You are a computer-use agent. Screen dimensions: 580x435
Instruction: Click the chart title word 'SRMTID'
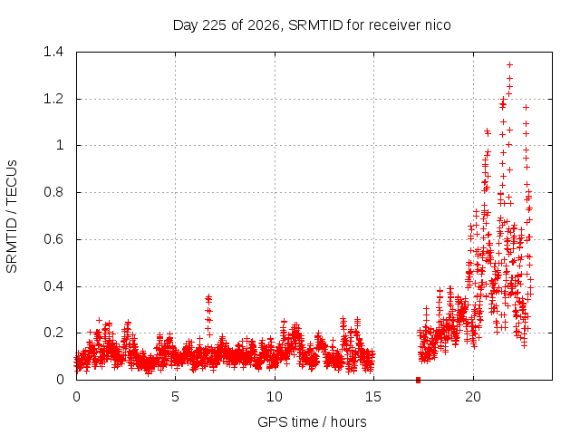(315, 25)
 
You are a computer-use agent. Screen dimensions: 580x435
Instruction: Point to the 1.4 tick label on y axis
(53, 52)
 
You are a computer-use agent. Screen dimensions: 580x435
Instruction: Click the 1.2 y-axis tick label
(53, 99)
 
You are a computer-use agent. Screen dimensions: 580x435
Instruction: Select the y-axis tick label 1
(60, 145)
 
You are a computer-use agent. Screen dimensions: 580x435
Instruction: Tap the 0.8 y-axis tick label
(53, 192)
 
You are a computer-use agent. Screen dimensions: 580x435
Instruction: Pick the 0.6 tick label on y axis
(53, 239)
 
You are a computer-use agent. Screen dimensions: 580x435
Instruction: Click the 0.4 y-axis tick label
(53, 286)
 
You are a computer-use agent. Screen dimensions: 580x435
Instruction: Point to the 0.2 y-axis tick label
(53, 333)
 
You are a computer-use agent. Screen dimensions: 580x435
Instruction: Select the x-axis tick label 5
(175, 397)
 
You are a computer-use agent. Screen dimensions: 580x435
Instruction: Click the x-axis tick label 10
(275, 397)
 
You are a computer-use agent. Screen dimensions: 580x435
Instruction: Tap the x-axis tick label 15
(373, 397)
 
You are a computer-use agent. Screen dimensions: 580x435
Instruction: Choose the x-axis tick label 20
(473, 397)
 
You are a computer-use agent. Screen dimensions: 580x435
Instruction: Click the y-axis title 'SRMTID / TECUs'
(12, 217)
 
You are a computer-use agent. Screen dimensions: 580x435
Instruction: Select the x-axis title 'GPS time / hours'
(312, 422)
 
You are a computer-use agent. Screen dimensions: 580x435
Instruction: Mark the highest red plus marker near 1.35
(509, 64)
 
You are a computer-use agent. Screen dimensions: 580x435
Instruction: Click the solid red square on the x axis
(418, 380)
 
